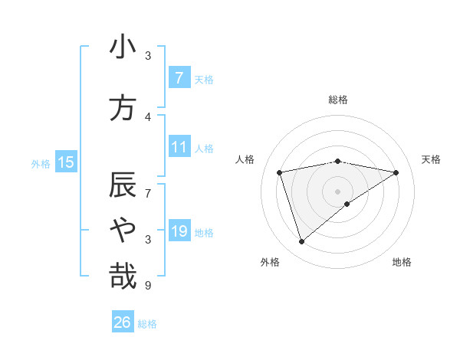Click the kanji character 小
point(123,47)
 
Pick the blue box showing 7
point(179,77)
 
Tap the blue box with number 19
point(179,231)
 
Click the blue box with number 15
point(66,162)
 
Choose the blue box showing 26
point(122,322)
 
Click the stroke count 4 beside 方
point(148,117)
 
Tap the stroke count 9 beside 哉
point(148,286)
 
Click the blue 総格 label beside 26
point(147,324)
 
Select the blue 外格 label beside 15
point(41,163)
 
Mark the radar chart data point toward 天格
point(396,172)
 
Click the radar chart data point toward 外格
point(301,242)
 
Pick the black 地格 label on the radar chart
point(402,262)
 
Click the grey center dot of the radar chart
point(338,191)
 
